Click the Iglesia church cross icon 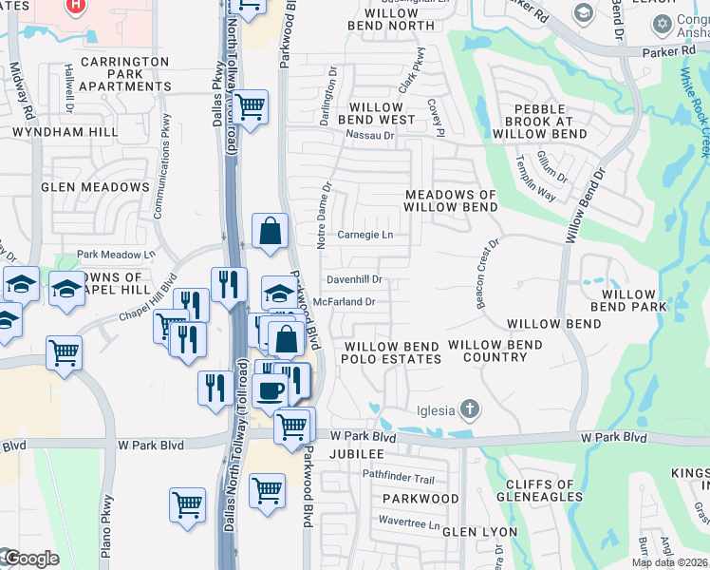tap(467, 409)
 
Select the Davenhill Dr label tap(354, 280)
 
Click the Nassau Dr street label tap(369, 136)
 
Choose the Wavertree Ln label tap(409, 522)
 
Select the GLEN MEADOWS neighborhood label tap(95, 187)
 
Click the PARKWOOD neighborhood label tap(420, 498)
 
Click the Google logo tap(30, 559)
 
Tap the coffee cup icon tap(271, 389)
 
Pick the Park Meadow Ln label tap(116, 255)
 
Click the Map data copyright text tap(670, 562)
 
